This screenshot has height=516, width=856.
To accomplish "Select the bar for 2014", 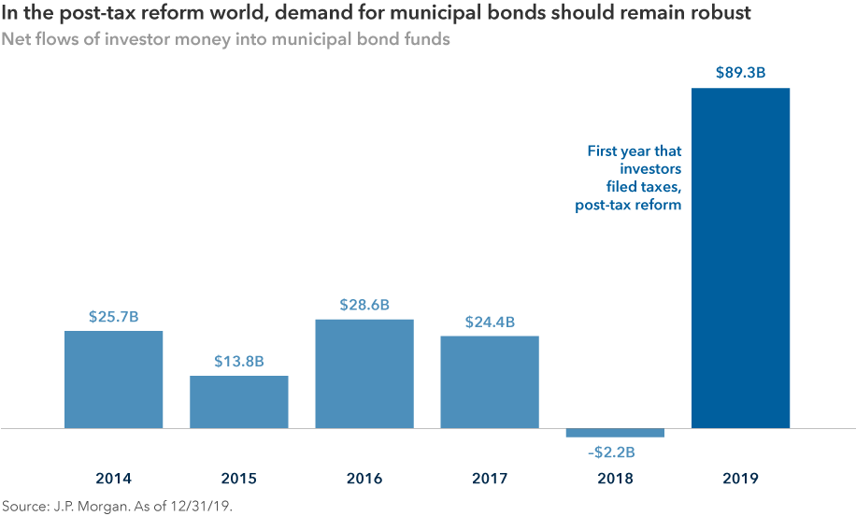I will tap(113, 379).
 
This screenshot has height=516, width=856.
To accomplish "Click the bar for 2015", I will tap(238, 402).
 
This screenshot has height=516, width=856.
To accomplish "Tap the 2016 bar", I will tap(364, 373).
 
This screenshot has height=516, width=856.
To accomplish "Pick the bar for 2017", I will tap(490, 381).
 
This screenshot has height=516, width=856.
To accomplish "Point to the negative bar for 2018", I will tap(615, 433).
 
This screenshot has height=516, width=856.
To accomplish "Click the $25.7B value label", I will tap(113, 317).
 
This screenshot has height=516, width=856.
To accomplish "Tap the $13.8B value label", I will tap(238, 362).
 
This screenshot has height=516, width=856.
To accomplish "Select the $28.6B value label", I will tap(364, 305).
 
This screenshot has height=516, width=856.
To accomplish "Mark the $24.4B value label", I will tap(490, 322).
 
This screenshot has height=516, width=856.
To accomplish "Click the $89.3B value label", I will tap(740, 73).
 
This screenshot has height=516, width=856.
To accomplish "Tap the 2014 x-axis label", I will tap(113, 479).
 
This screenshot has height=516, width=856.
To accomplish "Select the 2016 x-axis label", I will tap(364, 479).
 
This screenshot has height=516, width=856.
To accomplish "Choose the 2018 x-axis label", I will tap(615, 479).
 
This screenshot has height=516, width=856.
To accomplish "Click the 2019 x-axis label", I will tap(740, 479).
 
